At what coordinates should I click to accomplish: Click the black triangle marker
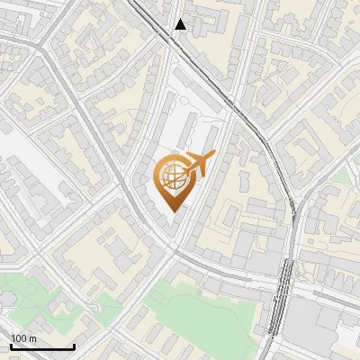(181, 24)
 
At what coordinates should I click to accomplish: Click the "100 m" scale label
(23, 338)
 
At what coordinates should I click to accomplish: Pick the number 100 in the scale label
(19, 338)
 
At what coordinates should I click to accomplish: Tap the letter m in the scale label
(33, 338)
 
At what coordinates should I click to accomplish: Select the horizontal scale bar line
(41, 347)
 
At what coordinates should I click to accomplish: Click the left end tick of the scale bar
(11, 346)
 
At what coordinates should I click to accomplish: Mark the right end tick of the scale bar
(74, 346)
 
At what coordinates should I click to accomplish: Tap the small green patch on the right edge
(342, 176)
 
